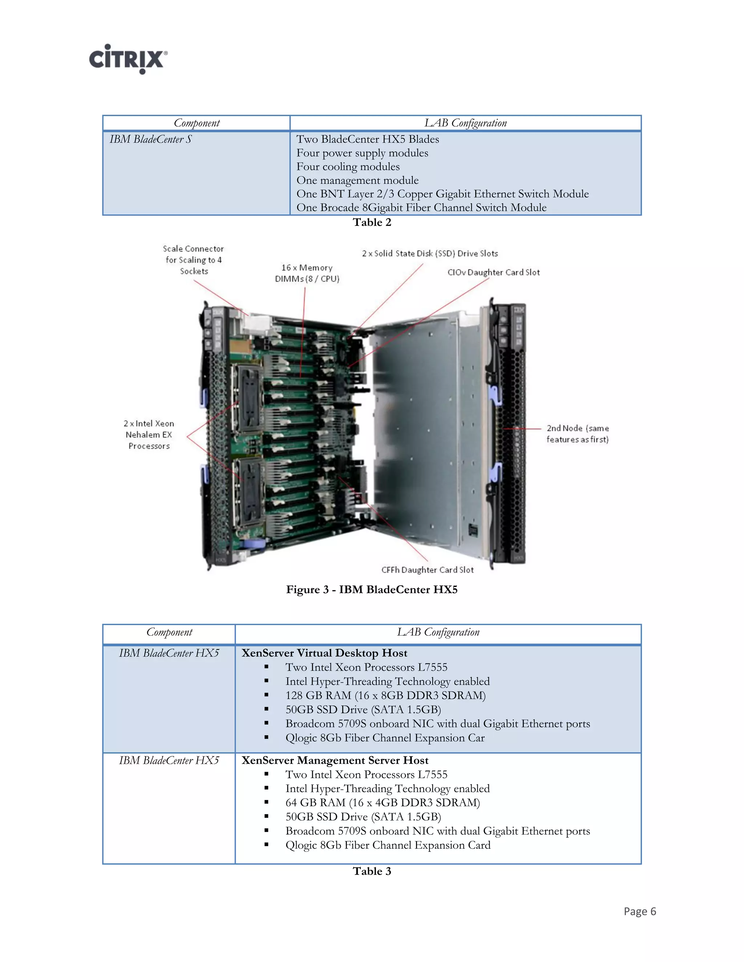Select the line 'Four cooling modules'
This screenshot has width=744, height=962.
(348, 167)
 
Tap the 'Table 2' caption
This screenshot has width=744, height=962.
(372, 223)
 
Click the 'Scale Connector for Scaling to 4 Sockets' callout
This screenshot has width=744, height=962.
(194, 260)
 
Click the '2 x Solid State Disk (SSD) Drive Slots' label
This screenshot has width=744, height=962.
(430, 254)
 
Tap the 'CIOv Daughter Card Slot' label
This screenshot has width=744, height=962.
(493, 273)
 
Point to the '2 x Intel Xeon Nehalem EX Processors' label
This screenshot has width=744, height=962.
(149, 435)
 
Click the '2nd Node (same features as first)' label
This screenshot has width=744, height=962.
(577, 434)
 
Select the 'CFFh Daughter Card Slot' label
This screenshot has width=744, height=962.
(427, 570)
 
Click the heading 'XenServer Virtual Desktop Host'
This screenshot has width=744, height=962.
(324, 653)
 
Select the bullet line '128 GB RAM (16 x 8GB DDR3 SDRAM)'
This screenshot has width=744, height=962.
(385, 696)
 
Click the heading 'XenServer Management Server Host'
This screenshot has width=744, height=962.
(335, 761)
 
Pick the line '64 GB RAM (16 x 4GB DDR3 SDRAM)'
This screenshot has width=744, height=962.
(383, 803)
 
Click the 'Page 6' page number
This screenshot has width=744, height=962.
(639, 911)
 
